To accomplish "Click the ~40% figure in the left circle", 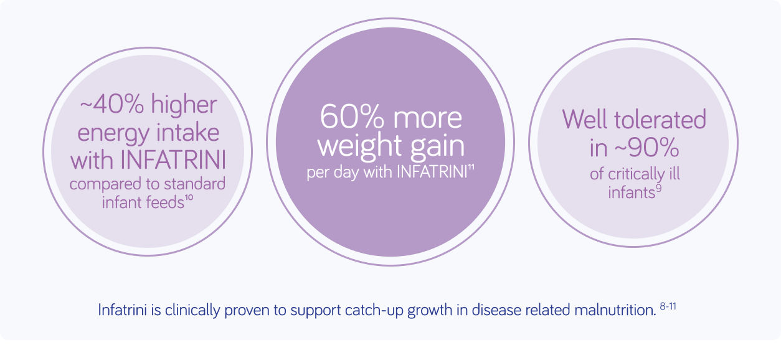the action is [111, 104].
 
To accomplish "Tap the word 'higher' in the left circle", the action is [184, 105].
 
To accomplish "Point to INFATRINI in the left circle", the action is [173, 160].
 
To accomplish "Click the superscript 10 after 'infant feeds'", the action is [189, 198].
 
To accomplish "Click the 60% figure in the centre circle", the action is [352, 117].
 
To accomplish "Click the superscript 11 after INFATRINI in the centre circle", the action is [471, 168].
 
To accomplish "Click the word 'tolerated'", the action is [660, 120].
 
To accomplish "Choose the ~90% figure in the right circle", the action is [646, 148].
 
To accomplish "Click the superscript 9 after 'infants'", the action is [658, 188].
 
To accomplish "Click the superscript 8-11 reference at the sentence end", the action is [668, 306].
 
